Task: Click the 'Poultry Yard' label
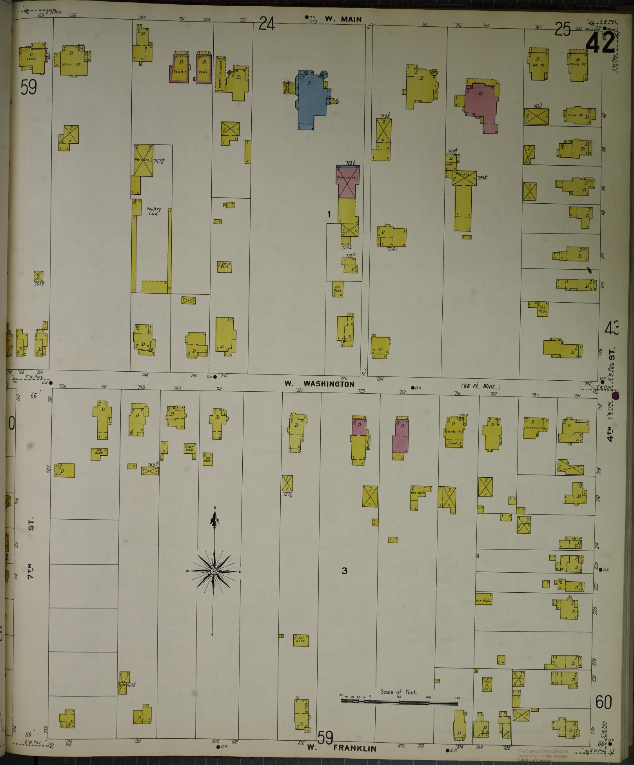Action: click(154, 212)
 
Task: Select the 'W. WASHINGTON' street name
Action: click(320, 383)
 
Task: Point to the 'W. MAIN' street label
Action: click(343, 19)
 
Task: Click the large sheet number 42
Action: click(600, 42)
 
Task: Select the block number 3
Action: click(344, 571)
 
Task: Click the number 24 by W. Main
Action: click(267, 25)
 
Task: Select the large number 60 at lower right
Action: click(603, 702)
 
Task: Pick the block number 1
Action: click(329, 214)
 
